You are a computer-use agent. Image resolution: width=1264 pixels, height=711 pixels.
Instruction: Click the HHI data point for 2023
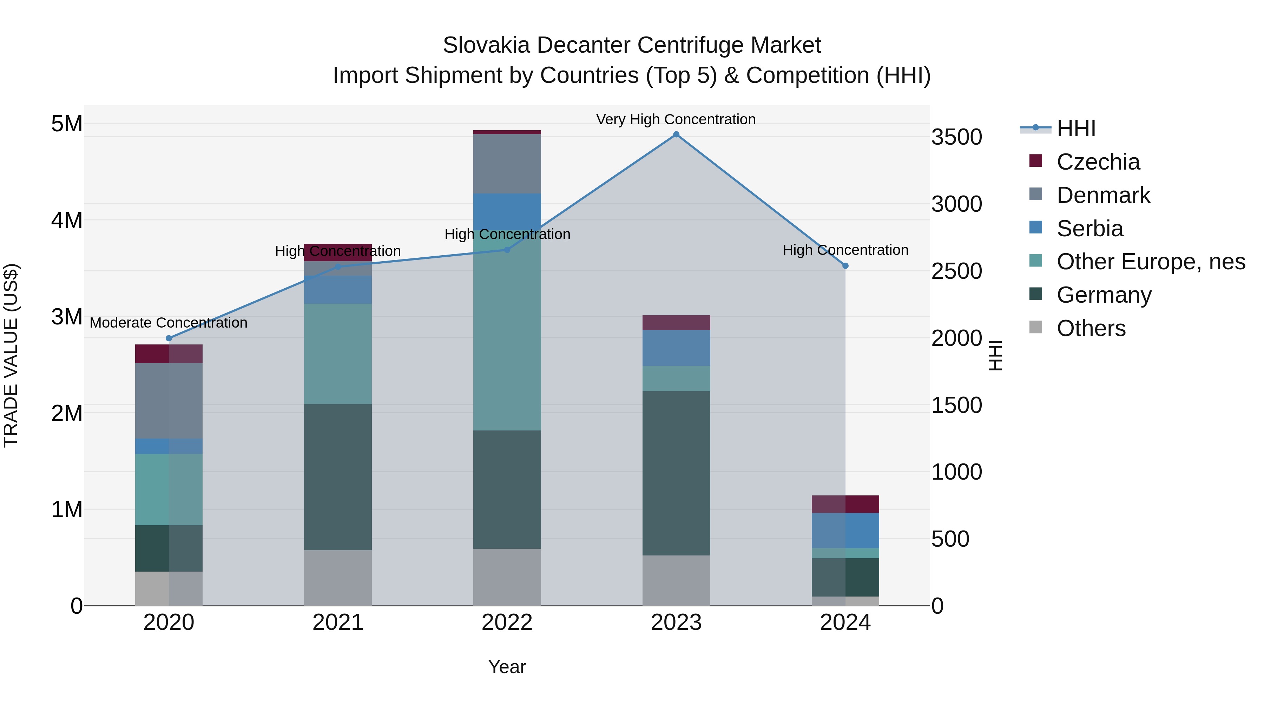click(x=676, y=134)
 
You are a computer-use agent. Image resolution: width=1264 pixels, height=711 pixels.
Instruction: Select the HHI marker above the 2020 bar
click(x=169, y=338)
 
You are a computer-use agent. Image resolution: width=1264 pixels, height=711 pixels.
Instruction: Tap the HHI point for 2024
click(x=845, y=266)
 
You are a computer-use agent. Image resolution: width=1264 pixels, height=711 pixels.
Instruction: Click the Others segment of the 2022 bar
click(x=507, y=577)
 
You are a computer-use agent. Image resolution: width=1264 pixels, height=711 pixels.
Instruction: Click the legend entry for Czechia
click(x=1098, y=162)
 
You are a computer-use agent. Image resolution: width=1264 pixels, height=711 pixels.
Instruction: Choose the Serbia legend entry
click(x=1090, y=229)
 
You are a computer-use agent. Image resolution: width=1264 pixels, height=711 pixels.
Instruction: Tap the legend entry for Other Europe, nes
click(x=1151, y=262)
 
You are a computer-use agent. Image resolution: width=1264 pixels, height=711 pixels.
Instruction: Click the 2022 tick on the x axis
click(x=507, y=623)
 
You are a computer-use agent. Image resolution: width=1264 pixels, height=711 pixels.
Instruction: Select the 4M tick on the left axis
click(x=67, y=220)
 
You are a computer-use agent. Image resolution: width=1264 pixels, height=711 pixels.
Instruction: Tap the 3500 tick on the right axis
click(x=956, y=137)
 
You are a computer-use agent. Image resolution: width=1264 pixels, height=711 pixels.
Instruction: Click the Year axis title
click(x=507, y=667)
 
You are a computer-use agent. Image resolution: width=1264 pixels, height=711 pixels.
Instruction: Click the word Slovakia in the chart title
click(x=486, y=45)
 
